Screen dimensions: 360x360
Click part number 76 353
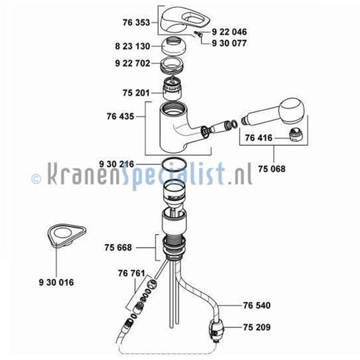click(136, 23)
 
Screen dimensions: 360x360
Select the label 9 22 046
click(229, 32)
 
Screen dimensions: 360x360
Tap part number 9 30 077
click(229, 43)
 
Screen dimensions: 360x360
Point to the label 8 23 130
click(133, 46)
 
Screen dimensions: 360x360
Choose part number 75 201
click(136, 93)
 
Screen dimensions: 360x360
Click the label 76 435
click(121, 116)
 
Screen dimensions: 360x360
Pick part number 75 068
click(272, 169)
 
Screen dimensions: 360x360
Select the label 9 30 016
click(56, 283)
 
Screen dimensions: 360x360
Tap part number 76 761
click(131, 273)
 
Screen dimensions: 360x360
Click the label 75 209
click(257, 327)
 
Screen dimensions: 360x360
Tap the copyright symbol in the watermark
click(36, 179)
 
